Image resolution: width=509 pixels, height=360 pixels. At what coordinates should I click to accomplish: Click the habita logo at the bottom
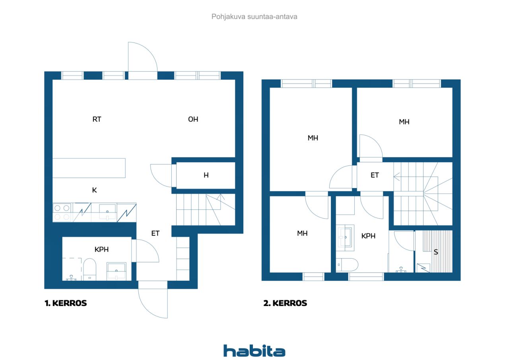tap(254, 351)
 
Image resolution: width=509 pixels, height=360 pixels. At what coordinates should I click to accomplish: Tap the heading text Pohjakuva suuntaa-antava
tap(254, 17)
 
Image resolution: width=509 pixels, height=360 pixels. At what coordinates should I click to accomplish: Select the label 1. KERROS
tap(66, 303)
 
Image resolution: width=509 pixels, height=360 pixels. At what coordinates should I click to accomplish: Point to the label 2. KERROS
tap(285, 303)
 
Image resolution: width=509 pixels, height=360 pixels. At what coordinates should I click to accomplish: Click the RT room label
tap(97, 119)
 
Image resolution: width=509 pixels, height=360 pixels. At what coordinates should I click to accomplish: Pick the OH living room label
tap(193, 119)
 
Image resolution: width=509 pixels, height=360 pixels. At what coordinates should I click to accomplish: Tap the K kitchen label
tap(95, 190)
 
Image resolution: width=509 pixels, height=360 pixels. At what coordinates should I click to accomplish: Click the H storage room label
tap(206, 175)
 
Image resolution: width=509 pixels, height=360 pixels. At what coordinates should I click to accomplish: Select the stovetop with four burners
tap(62, 212)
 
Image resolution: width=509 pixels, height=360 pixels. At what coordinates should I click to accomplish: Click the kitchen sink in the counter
tap(107, 212)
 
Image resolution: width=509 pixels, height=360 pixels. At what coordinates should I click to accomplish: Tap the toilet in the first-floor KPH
tap(89, 269)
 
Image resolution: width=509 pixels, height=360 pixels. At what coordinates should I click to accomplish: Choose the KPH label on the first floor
tap(101, 249)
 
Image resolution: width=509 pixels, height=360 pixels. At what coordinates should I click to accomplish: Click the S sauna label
tap(436, 252)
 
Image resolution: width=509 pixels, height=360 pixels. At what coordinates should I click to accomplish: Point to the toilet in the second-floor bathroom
tap(347, 265)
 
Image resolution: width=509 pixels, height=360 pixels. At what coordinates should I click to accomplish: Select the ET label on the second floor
tap(375, 175)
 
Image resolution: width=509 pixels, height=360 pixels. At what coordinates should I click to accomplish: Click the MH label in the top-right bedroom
tap(404, 122)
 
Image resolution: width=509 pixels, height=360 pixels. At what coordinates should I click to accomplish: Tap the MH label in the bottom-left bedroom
tap(302, 233)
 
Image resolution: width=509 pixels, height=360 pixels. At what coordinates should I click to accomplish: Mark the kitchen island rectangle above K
tap(89, 168)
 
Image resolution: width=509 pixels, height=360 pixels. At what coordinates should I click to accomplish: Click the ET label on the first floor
tap(155, 233)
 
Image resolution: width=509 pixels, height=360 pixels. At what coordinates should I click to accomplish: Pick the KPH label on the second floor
tap(368, 236)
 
